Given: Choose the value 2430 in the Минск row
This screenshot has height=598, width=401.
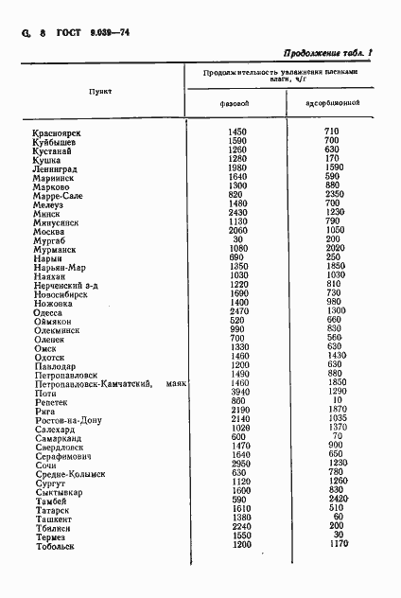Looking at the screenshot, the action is (x=237, y=214).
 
